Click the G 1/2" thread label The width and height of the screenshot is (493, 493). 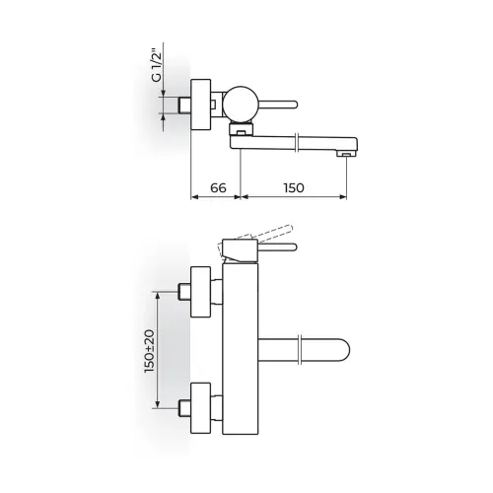tap(157, 66)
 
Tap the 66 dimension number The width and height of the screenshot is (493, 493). tap(218, 187)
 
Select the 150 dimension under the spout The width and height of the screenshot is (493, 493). tap(294, 187)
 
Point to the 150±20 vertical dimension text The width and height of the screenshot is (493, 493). tap(150, 351)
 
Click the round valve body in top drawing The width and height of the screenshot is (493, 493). tap(241, 104)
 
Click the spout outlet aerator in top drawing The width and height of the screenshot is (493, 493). tap(346, 154)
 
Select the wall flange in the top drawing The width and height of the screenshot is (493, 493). tap(201, 105)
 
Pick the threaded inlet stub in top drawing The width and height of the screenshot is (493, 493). tap(184, 106)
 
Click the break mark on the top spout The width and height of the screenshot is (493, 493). tap(297, 142)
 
